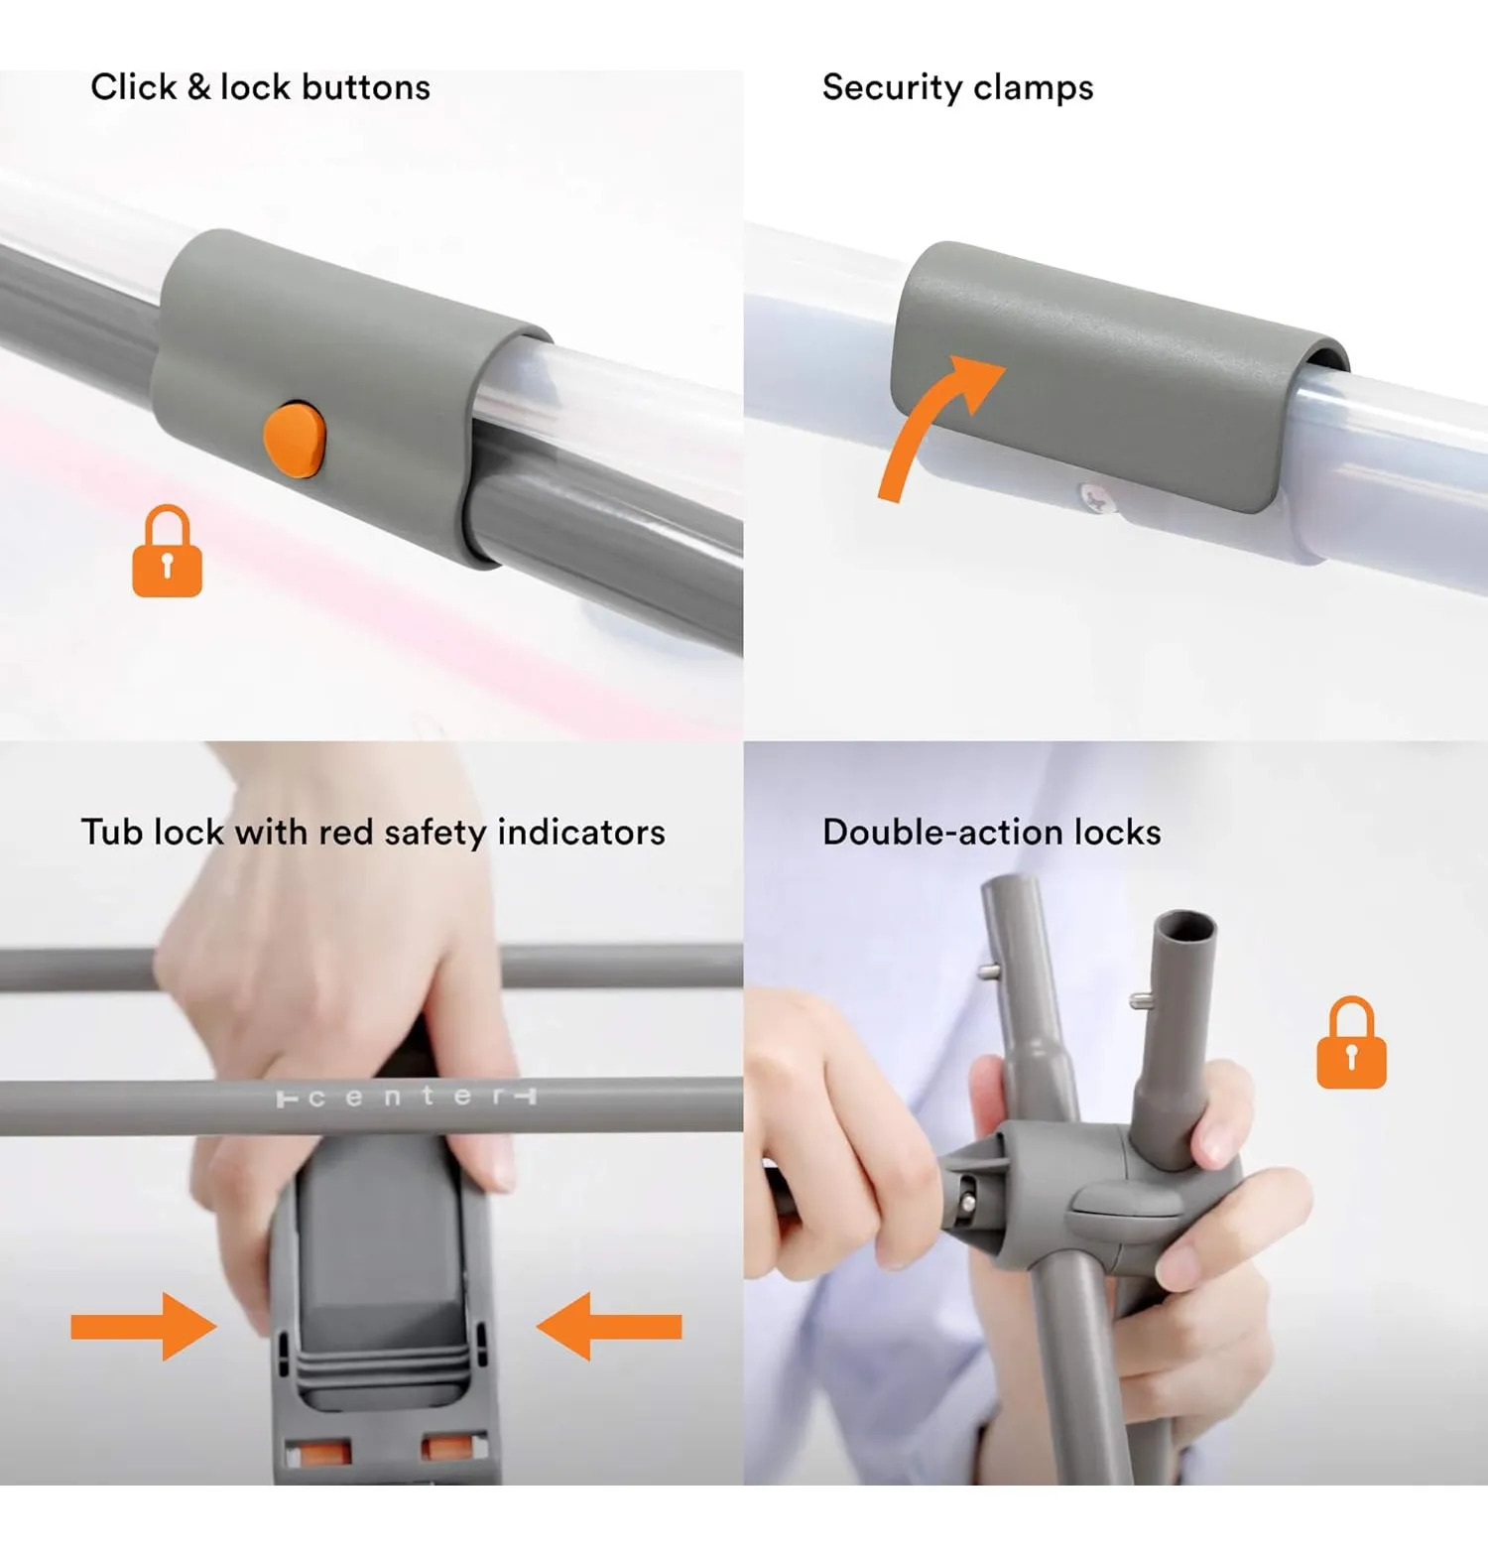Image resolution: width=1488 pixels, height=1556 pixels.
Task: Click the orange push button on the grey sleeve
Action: click(295, 440)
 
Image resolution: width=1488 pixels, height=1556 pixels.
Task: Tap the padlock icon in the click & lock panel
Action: click(167, 552)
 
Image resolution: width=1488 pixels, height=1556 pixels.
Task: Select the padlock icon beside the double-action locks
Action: click(1351, 1043)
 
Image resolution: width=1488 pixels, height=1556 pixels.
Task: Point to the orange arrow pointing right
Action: click(144, 1326)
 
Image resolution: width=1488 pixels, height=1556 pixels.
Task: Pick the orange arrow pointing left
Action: click(609, 1326)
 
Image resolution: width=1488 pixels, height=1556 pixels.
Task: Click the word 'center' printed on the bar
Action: click(406, 1097)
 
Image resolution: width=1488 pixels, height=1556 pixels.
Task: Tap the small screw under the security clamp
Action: click(1094, 498)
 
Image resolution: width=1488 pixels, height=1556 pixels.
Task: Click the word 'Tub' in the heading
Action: click(112, 832)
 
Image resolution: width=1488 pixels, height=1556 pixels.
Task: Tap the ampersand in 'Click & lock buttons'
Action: click(198, 87)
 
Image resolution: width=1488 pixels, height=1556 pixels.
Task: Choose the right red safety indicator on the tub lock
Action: click(446, 1448)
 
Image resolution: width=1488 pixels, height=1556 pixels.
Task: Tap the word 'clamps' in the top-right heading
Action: click(1034, 88)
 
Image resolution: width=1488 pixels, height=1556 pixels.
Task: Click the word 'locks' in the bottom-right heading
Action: click(1116, 832)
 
